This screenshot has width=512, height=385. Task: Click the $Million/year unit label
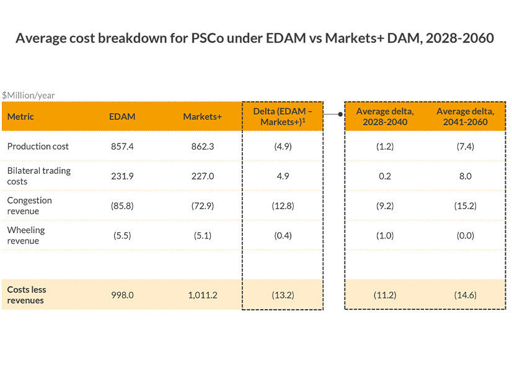coord(29,95)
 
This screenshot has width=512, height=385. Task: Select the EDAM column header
coord(121,116)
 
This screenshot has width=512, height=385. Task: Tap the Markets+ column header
coord(202,116)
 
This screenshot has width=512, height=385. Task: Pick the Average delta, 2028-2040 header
coord(385,116)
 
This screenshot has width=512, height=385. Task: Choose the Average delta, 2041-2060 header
coord(466,116)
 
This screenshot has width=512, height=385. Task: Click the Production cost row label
coord(38,146)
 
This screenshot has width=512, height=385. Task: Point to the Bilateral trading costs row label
coord(38,176)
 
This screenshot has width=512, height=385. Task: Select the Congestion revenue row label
coord(29,206)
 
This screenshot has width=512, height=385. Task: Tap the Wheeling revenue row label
coord(26,235)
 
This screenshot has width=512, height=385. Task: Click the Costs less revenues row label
coord(27,295)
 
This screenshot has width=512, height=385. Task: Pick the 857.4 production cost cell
coord(121,146)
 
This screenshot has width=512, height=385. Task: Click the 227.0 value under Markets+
coord(202,176)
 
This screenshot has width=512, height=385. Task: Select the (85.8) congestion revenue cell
coord(121,206)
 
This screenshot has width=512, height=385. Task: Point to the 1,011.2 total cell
coord(202,295)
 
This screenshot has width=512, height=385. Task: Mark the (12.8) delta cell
coord(282,206)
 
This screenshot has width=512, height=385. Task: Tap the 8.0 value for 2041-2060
coord(465,176)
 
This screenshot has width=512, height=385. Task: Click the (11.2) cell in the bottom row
coord(385,295)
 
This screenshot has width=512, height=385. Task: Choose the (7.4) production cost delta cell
coord(465,146)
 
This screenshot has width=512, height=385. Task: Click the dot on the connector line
coord(340,114)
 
